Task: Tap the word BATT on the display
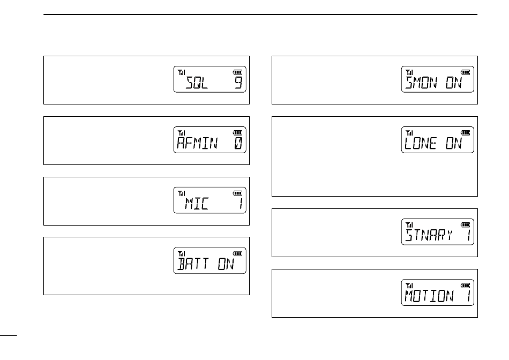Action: [193, 264]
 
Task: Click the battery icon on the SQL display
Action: [237, 72]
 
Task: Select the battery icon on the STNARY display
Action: [465, 224]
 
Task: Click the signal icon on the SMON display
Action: [410, 72]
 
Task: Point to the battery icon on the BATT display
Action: [237, 253]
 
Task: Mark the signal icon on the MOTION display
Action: [410, 285]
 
